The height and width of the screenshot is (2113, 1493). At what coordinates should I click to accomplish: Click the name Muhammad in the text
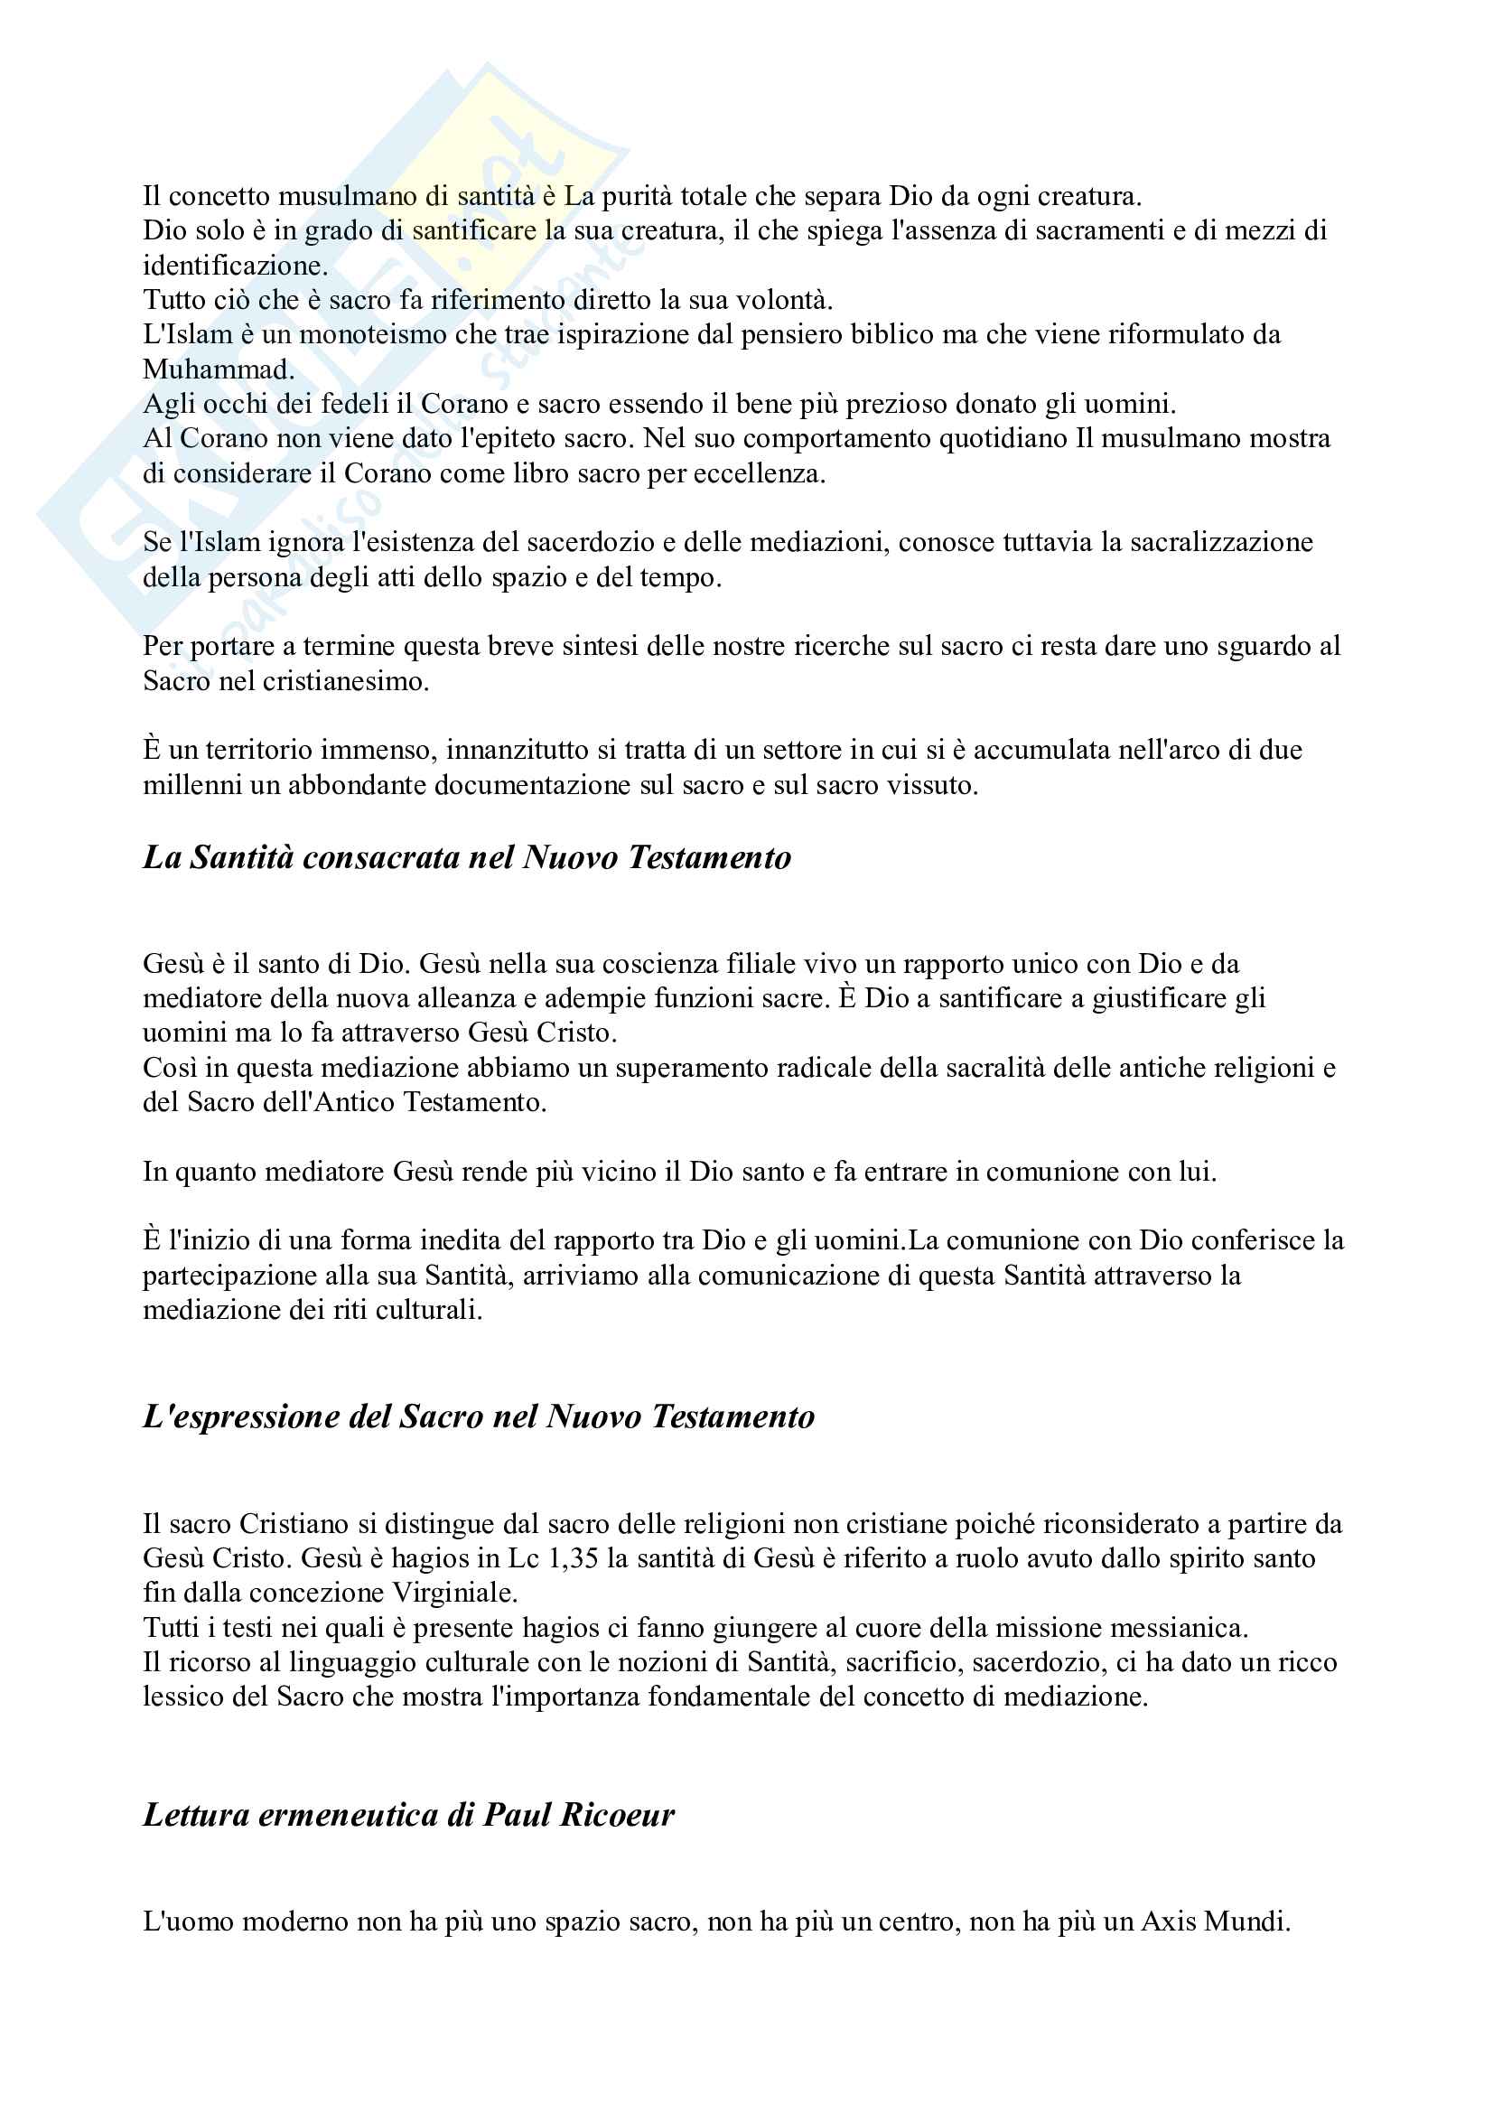pyautogui.click(x=217, y=369)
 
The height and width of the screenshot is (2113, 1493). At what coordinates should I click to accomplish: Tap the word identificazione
pyautogui.click(x=234, y=265)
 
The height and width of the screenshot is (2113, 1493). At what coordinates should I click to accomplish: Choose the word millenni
pyautogui.click(x=185, y=785)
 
